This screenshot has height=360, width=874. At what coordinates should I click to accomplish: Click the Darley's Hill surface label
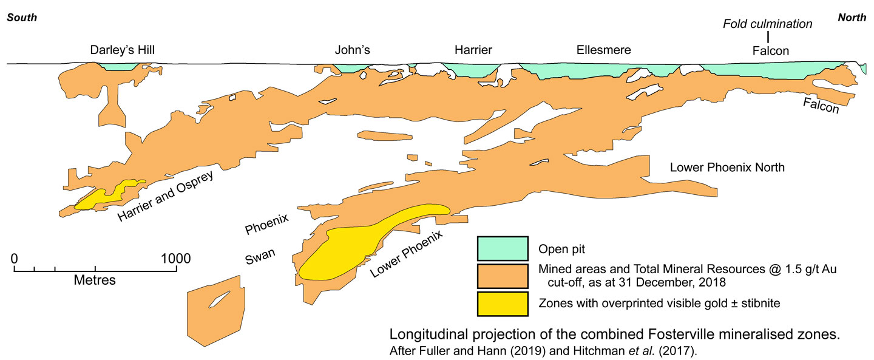[123, 50]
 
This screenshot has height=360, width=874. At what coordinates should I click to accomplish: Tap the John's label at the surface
[352, 50]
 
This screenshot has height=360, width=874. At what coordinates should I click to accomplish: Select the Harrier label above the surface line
[473, 50]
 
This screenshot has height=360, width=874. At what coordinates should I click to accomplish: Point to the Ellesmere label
[603, 50]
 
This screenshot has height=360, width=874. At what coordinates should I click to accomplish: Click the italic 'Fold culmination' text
[767, 24]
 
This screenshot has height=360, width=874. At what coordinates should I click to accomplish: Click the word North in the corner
[852, 18]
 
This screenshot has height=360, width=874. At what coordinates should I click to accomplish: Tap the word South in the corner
[22, 18]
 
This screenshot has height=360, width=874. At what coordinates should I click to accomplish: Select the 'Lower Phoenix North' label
[727, 167]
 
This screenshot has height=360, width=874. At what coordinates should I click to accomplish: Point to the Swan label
[260, 259]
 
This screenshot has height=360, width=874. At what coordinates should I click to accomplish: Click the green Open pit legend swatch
[502, 248]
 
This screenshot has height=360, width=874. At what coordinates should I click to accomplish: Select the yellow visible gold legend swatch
[502, 304]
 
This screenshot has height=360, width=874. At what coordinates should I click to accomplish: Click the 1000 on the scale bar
[176, 258]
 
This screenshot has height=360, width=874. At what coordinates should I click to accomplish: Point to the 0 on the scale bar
[14, 258]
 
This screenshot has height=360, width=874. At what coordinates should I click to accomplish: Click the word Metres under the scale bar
[95, 280]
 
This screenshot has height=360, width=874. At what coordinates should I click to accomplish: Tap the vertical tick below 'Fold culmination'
[767, 38]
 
